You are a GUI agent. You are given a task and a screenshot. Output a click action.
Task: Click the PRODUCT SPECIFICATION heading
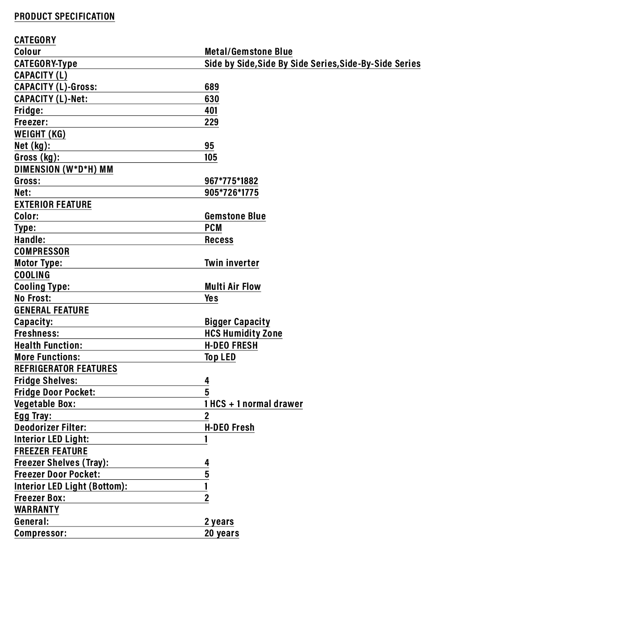click(65, 16)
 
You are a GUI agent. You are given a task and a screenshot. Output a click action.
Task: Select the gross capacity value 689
click(212, 87)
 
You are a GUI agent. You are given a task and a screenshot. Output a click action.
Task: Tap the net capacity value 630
click(212, 99)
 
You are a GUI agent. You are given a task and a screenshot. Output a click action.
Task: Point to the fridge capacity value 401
click(211, 111)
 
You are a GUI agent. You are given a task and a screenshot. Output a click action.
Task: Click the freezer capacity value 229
click(211, 122)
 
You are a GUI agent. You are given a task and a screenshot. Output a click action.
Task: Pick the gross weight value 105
click(211, 157)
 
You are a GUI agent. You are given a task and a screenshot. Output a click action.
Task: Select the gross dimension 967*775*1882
click(231, 181)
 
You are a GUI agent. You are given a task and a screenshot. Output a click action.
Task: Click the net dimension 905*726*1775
click(231, 193)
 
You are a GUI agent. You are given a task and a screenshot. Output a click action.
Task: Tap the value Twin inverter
click(232, 263)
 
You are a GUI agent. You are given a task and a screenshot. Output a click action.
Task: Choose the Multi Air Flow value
click(233, 287)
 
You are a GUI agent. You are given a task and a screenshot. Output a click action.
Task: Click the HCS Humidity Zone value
click(243, 333)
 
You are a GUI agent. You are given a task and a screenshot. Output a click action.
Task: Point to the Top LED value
click(220, 357)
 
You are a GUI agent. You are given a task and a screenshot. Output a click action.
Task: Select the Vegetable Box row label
click(45, 404)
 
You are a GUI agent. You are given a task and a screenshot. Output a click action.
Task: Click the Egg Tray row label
click(33, 416)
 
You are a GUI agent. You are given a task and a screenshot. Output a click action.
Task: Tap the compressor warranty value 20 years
click(222, 533)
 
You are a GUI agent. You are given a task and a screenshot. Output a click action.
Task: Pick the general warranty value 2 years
click(219, 522)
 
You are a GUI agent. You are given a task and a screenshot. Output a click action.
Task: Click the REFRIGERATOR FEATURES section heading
click(66, 369)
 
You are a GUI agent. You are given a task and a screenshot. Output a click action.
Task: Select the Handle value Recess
click(219, 240)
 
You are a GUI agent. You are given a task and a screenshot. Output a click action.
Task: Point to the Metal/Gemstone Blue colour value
click(248, 52)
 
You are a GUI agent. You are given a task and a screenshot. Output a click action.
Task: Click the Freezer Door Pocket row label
click(57, 474)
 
